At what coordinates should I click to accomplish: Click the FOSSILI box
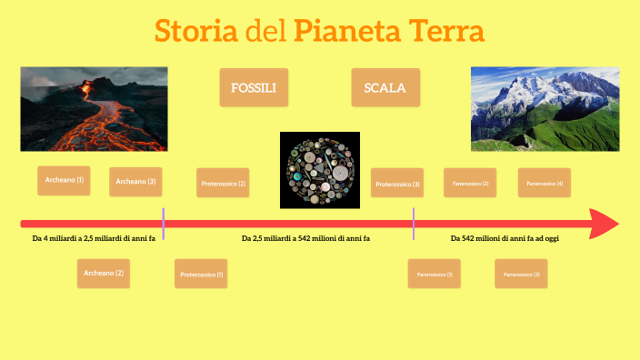pos(254,88)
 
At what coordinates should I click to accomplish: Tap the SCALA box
pos(385,88)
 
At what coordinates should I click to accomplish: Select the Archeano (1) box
pos(65,180)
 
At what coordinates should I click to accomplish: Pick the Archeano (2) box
pos(104,273)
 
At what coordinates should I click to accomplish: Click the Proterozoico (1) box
pos(202,274)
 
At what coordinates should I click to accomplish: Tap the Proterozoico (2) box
pos(224,183)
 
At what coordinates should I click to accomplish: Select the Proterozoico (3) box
pos(398,184)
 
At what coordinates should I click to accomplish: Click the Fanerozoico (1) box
pos(435,274)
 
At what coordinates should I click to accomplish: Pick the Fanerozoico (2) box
pos(470,183)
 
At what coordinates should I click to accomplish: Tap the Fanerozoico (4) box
pos(545,183)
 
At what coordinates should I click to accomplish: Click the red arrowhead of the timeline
pos(604,224)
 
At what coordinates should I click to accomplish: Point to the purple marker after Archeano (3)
pos(164,224)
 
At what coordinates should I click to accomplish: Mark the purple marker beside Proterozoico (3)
pos(414,224)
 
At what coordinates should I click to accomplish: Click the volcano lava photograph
pos(95,108)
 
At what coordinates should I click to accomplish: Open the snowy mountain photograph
pos(545,108)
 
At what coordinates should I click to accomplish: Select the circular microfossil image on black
pos(320,170)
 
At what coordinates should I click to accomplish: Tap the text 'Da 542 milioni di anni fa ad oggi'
pos(505,239)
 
